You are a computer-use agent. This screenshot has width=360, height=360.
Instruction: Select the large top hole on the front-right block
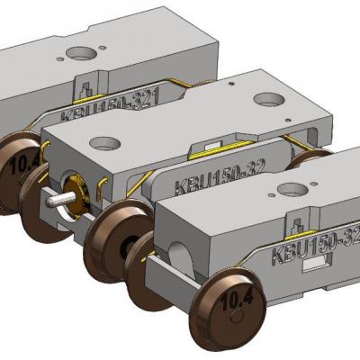(x=293, y=190)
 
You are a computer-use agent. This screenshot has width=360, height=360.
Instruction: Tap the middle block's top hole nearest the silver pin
(x=105, y=143)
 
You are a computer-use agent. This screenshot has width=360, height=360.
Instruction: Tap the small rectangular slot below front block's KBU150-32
(x=315, y=266)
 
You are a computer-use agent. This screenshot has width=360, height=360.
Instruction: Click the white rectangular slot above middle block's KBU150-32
(x=213, y=146)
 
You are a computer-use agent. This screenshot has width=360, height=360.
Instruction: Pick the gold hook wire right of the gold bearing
(x=106, y=187)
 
